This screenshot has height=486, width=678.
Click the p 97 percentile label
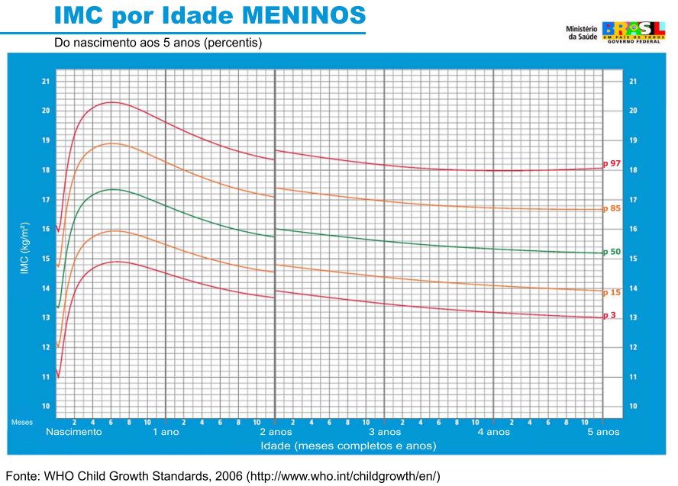click(612, 163)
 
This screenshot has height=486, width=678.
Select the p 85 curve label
click(612, 208)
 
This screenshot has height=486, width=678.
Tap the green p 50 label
click(612, 252)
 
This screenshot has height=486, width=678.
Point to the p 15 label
click(612, 292)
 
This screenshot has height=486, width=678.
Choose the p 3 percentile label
click(609, 315)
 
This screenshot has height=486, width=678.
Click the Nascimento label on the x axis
click(73, 432)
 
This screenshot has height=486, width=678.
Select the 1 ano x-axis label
click(166, 432)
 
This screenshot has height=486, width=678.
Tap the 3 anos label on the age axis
click(384, 432)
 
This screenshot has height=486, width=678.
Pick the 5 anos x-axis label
click(603, 432)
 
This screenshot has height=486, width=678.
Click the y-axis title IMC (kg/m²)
click(25, 248)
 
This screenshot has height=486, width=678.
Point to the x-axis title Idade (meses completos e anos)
click(348, 446)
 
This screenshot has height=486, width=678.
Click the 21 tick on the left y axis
click(46, 81)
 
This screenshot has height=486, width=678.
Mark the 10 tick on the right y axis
click(632, 406)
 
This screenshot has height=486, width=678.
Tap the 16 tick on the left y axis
click(46, 229)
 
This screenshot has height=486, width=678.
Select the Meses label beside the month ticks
click(21, 421)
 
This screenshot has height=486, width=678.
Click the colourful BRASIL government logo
click(634, 31)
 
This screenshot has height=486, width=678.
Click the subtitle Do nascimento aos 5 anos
click(158, 43)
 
